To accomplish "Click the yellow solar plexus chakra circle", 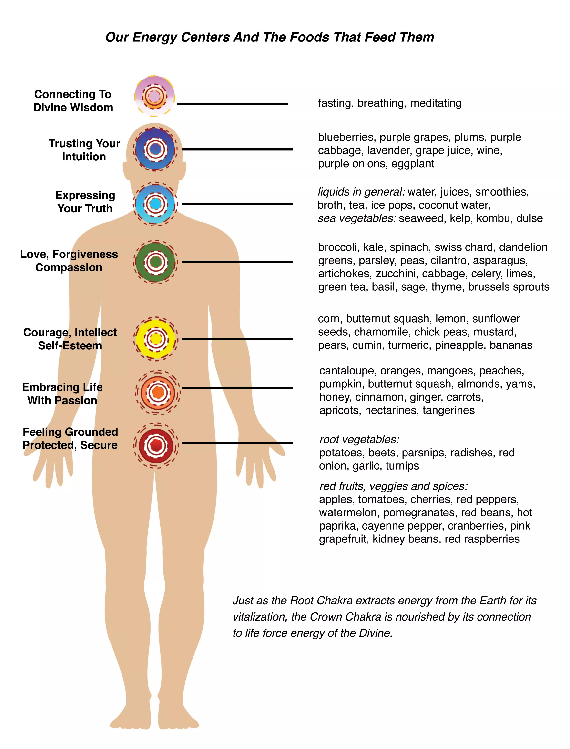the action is point(156,339).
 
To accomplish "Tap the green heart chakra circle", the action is point(156,262).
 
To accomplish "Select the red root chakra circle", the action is point(156,445).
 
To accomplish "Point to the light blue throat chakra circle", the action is point(155,204).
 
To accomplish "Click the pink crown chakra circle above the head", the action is point(154,96).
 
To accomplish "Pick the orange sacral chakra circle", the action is point(158,392).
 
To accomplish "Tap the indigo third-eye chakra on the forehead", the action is point(155,149).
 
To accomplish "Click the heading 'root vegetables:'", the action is point(360,439).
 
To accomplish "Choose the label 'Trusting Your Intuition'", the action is point(84,150).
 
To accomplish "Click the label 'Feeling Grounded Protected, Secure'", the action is point(70,438).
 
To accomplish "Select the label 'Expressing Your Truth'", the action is point(85,202).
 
